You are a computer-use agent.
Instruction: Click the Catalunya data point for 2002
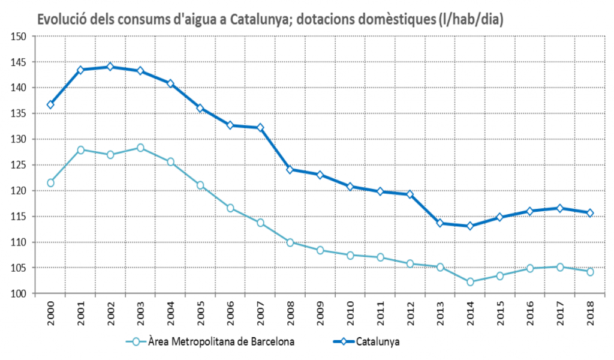tap(110, 67)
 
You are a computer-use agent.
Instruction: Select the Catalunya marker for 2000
tap(50, 104)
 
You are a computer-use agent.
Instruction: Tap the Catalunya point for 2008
tap(290, 169)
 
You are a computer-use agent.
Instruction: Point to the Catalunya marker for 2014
tap(470, 226)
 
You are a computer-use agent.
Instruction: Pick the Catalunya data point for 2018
tap(590, 212)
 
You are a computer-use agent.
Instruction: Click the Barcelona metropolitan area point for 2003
tap(140, 148)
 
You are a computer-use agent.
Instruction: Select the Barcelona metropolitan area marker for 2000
tap(50, 182)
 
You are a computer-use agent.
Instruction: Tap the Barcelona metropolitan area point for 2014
tap(470, 281)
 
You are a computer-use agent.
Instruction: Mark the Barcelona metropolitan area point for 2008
tap(290, 242)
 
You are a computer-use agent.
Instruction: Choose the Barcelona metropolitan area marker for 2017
tap(560, 267)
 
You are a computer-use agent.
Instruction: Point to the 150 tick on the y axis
tap(20, 37)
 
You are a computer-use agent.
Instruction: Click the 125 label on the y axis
tap(20, 165)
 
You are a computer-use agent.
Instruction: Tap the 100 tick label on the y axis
tap(20, 293)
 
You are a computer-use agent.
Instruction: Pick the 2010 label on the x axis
tap(350, 313)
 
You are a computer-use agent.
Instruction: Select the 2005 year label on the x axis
tap(200, 313)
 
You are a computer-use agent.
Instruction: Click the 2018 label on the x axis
tap(590, 313)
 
